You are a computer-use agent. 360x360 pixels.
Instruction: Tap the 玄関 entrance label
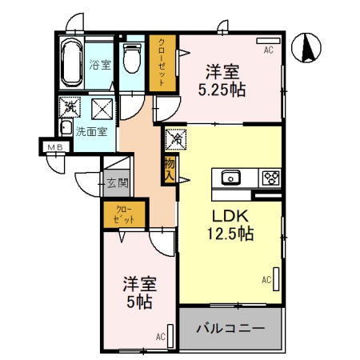[117, 182]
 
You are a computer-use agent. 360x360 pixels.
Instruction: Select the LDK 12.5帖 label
[232, 225]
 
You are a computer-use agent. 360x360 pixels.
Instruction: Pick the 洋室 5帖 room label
[139, 293]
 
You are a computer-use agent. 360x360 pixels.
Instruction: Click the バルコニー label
[231, 328]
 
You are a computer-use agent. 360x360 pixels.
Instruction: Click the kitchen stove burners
[269, 178]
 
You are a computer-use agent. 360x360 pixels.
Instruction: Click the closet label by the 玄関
[123, 214]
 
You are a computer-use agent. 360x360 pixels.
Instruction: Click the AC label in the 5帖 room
[160, 337]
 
